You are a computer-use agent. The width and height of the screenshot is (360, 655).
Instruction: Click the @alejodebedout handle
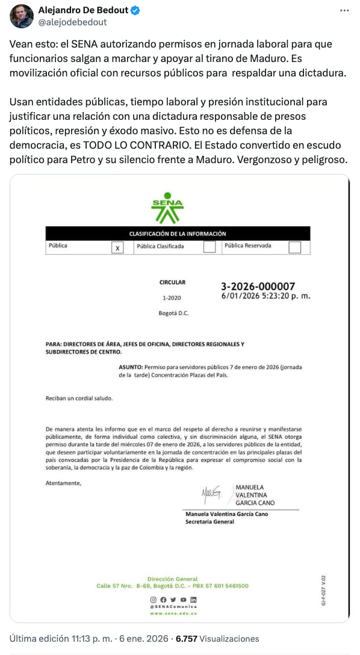72,22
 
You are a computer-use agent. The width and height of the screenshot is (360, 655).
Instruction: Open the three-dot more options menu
343,11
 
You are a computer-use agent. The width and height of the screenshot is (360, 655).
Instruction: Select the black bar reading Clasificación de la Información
178,234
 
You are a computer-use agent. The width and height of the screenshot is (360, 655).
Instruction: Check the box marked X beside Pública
117,247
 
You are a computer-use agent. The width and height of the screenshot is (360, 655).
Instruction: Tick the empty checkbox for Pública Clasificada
209,246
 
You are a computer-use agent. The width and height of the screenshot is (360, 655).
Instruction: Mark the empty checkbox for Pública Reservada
294,247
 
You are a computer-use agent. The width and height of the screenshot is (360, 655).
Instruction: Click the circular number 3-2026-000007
258,287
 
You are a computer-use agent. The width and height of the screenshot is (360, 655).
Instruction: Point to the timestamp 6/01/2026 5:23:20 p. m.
266,296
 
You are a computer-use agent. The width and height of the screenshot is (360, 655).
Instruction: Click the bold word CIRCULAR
172,282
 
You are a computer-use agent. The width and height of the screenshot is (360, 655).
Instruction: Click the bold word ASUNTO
130,367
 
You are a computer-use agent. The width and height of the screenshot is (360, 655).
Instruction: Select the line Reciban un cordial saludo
79,398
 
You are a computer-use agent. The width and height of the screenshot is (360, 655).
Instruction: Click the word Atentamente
63,483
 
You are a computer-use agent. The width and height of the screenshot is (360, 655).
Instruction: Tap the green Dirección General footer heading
172,579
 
